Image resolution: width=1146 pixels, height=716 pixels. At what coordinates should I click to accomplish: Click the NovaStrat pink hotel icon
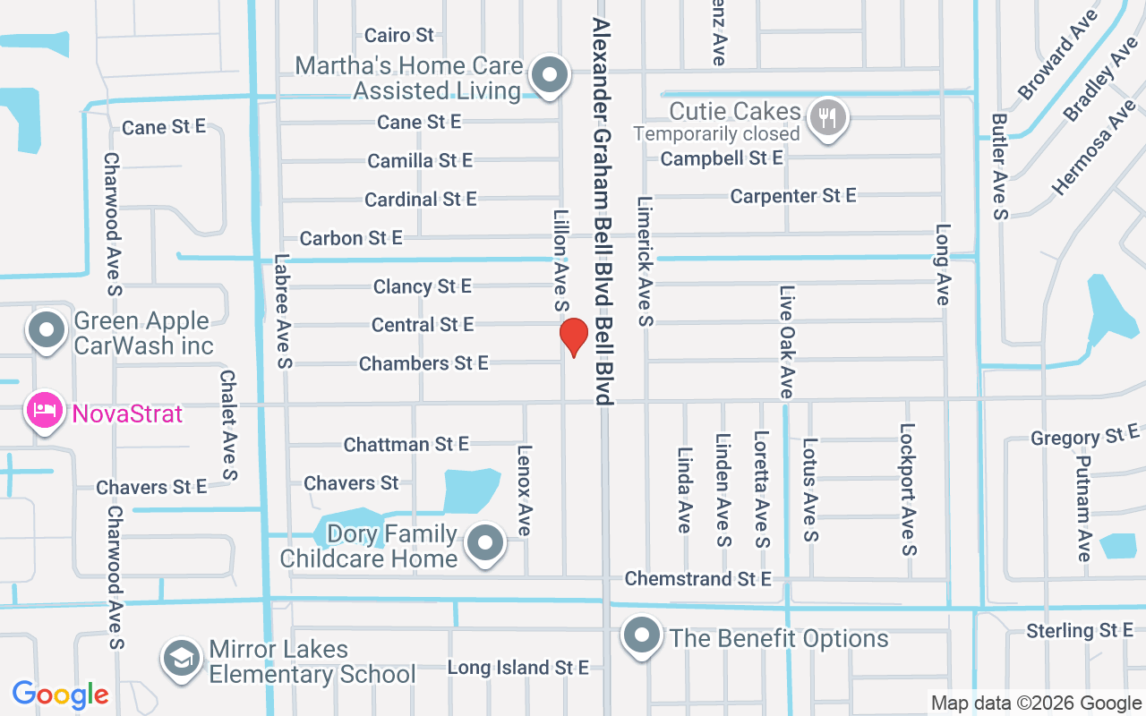(x=45, y=412)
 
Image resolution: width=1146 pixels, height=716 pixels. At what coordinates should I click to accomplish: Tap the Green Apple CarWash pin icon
(x=47, y=330)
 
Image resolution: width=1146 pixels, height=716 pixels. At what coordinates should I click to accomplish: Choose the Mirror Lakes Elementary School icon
(x=182, y=659)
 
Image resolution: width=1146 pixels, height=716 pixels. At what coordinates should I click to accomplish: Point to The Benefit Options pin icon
(x=642, y=636)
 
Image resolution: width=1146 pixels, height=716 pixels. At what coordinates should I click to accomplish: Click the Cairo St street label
(x=399, y=36)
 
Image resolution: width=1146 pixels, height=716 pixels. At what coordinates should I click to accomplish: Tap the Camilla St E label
(x=420, y=161)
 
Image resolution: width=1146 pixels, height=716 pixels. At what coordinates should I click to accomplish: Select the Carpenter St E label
(x=793, y=195)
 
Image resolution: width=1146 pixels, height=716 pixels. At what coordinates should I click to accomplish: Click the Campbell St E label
(x=722, y=158)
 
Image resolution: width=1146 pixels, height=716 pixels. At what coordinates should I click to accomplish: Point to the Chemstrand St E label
(x=697, y=579)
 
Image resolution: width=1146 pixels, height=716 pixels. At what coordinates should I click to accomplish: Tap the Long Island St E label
(x=517, y=668)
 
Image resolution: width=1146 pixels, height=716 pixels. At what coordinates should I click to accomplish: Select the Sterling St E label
(x=1080, y=631)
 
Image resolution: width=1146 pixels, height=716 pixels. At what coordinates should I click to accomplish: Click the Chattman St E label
(x=406, y=445)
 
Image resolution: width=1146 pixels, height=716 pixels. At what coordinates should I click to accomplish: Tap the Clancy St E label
(x=423, y=287)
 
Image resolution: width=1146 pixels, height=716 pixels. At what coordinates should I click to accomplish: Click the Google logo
(x=61, y=695)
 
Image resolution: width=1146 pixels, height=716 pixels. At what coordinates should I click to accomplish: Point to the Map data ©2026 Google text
(x=1036, y=703)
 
